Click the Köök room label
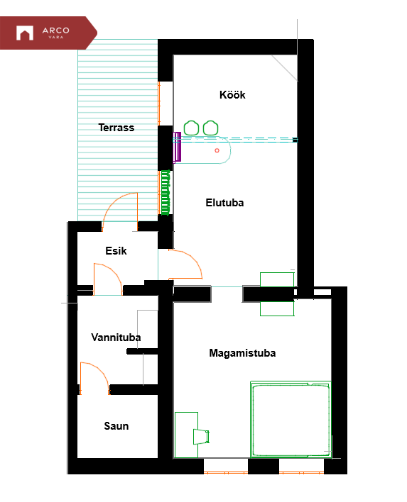tap(232, 95)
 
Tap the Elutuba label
tap(224, 203)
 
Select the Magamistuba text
tap(242, 353)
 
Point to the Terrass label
tap(116, 128)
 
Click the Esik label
tap(116, 251)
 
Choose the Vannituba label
tap(116, 337)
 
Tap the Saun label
tap(116, 426)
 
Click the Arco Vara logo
tap(48, 33)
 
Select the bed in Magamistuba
tap(291, 420)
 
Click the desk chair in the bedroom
tap(201, 436)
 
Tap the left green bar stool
tap(192, 128)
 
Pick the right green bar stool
tap(210, 128)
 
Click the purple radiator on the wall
tap(177, 147)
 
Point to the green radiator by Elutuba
tap(165, 193)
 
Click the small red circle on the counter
tap(217, 150)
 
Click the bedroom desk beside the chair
tap(186, 435)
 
